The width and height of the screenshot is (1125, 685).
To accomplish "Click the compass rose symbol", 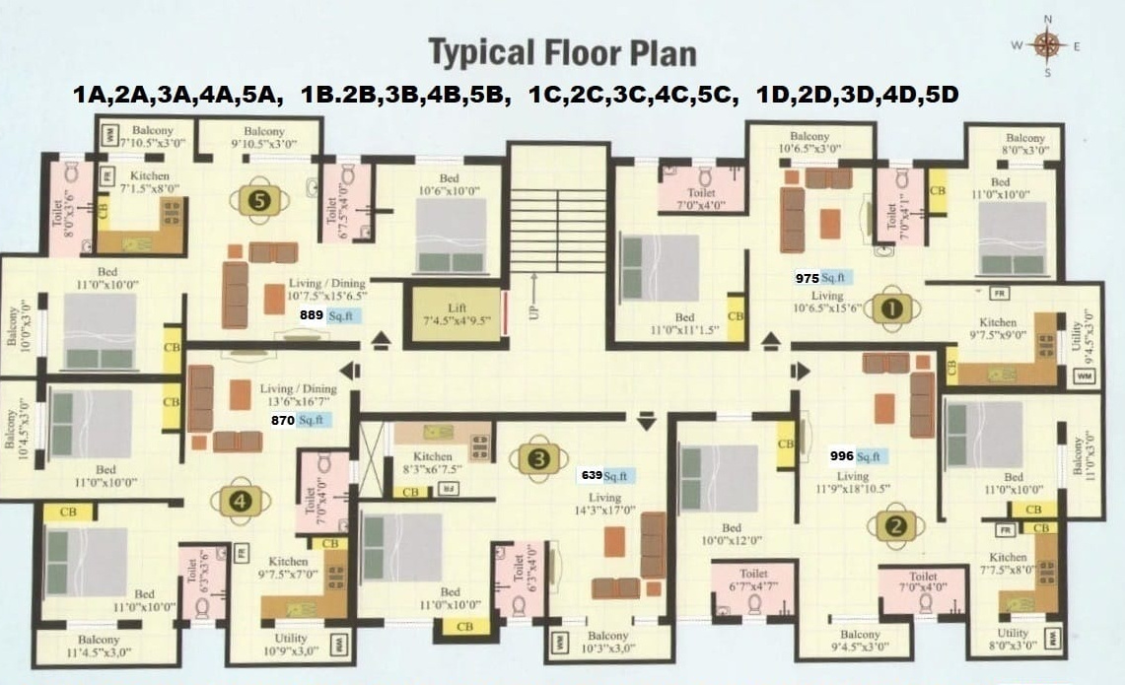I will coord(1046,44).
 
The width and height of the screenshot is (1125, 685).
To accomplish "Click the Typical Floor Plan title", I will coord(562,51).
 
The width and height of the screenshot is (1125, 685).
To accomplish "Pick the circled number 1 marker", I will coord(891,308).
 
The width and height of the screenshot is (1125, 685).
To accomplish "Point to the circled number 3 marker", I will coord(537,458).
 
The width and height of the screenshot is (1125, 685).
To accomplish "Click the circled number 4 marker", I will coord(244,500).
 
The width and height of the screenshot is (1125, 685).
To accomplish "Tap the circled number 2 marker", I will coord(896,525).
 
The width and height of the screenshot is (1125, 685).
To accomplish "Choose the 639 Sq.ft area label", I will coord(607,475).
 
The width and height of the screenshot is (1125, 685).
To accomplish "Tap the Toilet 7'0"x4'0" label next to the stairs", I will coord(701,199).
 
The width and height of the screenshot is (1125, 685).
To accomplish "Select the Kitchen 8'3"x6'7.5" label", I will coord(433,462).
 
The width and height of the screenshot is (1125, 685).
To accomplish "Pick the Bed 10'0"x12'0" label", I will coord(731,534).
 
